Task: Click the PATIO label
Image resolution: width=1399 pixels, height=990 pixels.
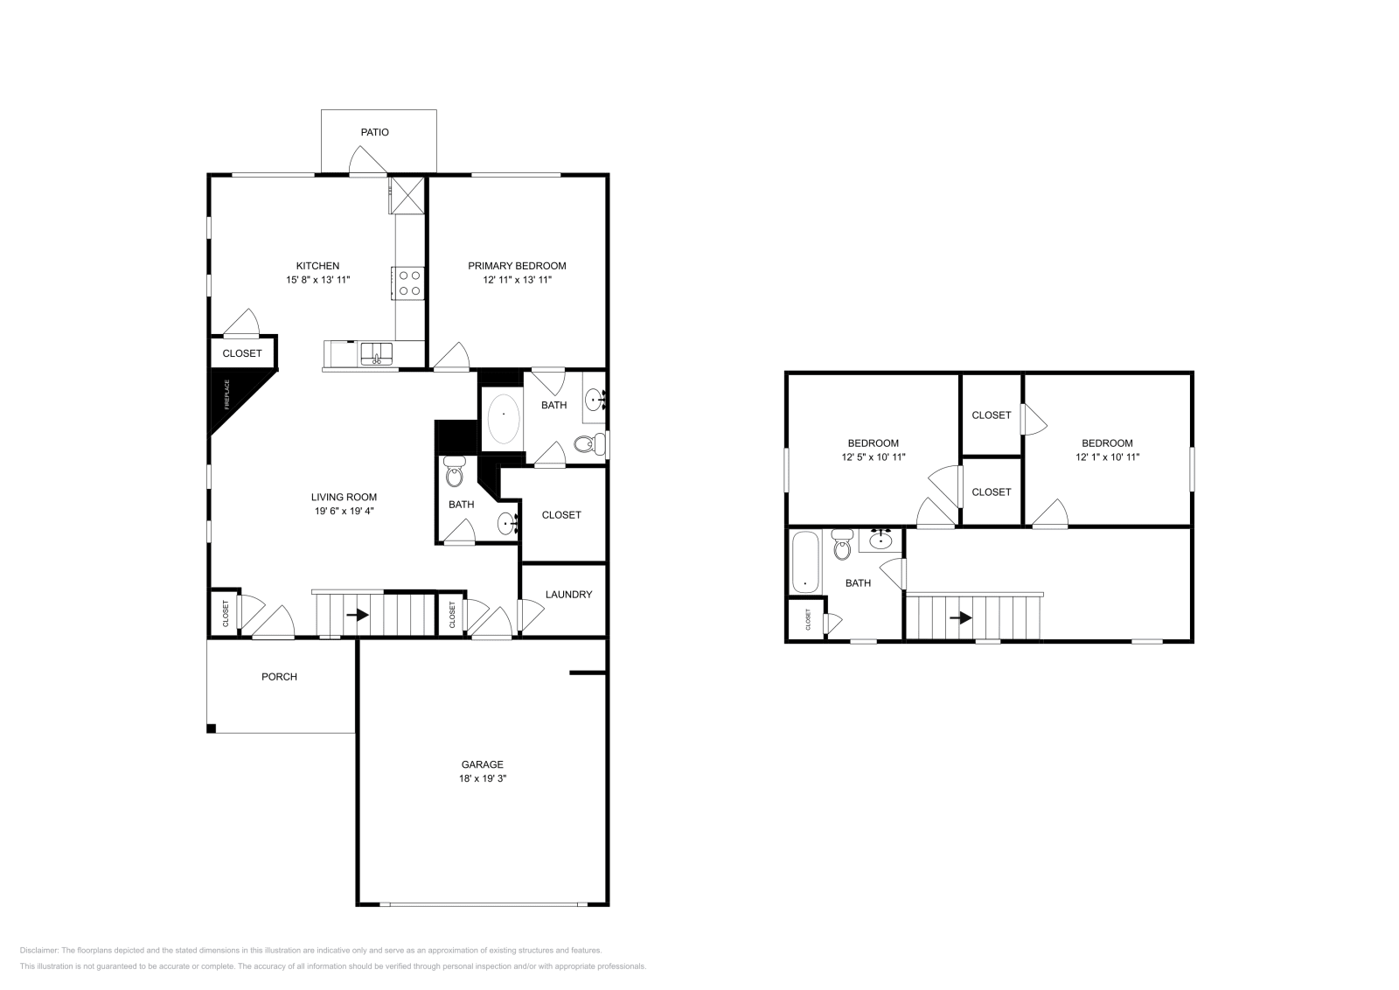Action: (x=374, y=132)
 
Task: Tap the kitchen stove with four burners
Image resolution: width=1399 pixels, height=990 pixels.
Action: (x=409, y=282)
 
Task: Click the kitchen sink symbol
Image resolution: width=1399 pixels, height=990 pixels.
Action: (x=377, y=353)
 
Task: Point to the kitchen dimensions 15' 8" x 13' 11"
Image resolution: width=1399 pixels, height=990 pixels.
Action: (x=317, y=280)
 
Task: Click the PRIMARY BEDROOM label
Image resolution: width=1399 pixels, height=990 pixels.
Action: (x=517, y=266)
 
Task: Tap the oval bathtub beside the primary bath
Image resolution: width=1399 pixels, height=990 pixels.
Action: (x=503, y=419)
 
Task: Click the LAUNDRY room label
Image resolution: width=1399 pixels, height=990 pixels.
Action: (x=568, y=595)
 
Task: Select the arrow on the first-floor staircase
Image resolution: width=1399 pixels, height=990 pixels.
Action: (x=357, y=615)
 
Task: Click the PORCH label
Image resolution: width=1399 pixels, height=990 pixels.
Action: (x=279, y=676)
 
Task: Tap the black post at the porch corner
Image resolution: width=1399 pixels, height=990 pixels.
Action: (x=211, y=729)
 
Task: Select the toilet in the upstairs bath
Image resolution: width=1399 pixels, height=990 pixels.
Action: (x=842, y=545)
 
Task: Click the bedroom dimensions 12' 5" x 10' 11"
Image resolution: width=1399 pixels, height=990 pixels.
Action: (x=873, y=457)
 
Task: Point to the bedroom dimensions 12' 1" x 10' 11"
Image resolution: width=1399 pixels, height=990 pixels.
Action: (x=1107, y=457)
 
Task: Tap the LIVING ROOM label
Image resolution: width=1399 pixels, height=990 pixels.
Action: (x=344, y=497)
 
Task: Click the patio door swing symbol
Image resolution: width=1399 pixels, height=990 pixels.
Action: (x=365, y=163)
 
